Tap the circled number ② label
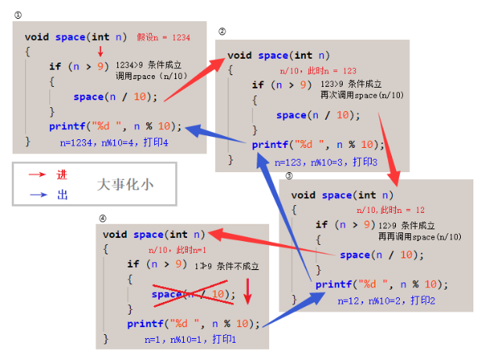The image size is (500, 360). click(221, 32)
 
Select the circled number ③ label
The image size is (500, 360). click(289, 175)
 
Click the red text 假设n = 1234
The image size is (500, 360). click(164, 37)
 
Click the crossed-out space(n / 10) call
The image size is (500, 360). click(192, 294)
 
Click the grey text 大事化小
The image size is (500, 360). click(124, 185)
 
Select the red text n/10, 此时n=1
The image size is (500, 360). click(177, 250)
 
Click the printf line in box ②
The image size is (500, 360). click(318, 144)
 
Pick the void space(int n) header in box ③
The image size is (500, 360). click(344, 195)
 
